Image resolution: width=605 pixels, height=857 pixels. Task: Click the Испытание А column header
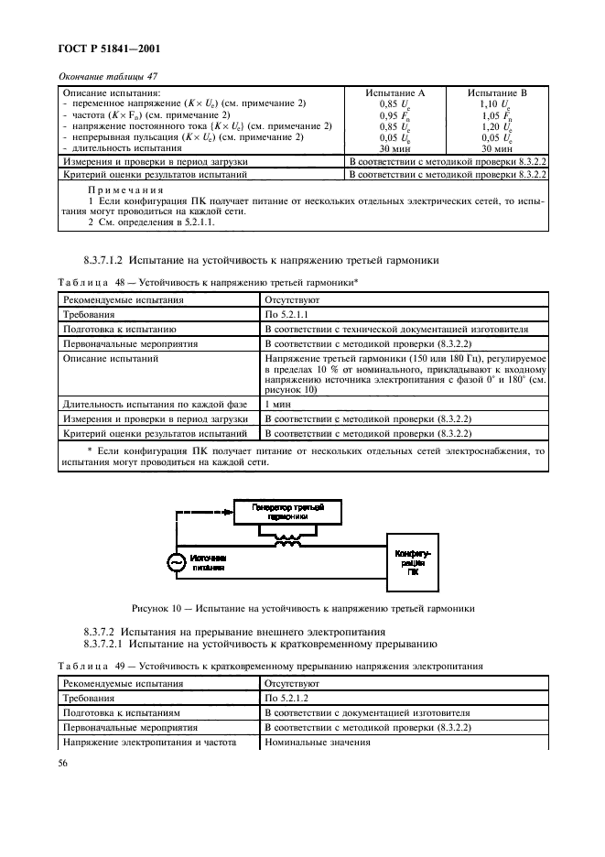[x=394, y=93]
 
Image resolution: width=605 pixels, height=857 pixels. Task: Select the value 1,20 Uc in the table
[x=497, y=126]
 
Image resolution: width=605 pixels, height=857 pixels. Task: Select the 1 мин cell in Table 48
[x=278, y=404]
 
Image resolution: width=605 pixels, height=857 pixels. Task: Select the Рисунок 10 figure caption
[x=302, y=607]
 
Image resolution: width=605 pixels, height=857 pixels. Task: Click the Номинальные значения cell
[x=317, y=742]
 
